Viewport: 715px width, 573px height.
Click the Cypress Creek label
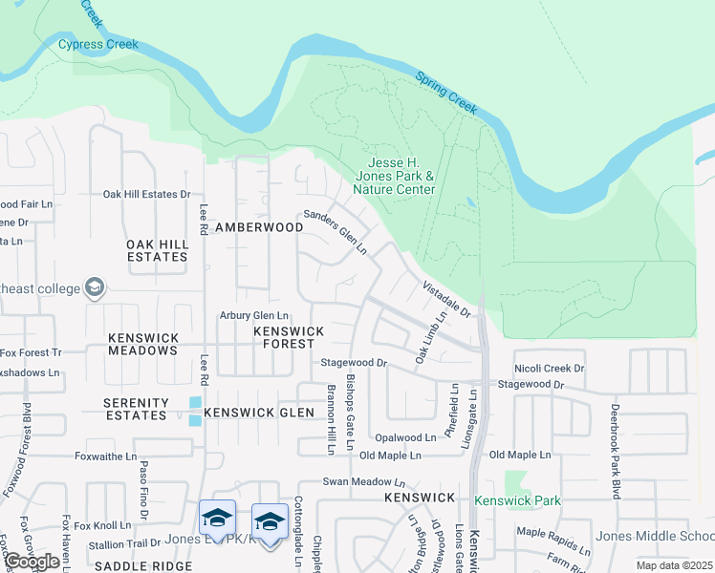98,44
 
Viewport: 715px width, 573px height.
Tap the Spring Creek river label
445,92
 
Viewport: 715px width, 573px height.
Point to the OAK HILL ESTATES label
157,250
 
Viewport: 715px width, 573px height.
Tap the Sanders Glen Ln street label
336,232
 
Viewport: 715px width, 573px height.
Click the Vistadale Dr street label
447,298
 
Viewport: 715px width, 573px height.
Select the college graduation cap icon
94,286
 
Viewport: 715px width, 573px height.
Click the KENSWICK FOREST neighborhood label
289,337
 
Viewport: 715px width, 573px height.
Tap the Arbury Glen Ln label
254,315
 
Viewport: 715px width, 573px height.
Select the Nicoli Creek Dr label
549,368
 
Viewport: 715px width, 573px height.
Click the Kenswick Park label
516,500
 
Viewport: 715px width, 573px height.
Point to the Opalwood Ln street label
404,437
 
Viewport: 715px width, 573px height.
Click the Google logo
32,562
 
